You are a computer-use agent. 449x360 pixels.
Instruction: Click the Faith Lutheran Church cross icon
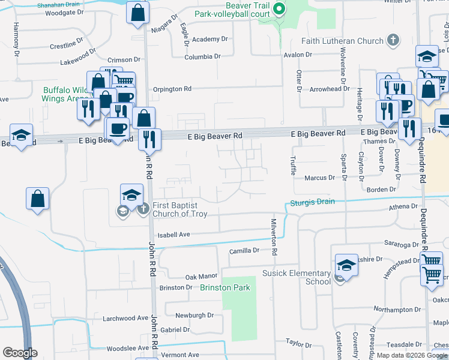(x=393, y=40)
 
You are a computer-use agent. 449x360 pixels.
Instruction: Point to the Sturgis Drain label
(x=313, y=202)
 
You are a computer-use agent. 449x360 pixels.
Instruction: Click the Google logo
(x=20, y=353)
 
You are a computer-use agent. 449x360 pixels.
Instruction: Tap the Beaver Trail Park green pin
(x=279, y=8)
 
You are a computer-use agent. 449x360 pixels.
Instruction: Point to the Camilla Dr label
(x=244, y=250)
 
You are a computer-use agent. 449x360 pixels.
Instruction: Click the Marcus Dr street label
(x=319, y=178)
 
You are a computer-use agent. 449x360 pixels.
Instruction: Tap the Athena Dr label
(x=402, y=206)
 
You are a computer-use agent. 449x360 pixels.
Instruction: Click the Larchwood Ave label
(x=125, y=318)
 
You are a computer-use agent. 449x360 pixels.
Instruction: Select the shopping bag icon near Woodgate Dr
(x=137, y=11)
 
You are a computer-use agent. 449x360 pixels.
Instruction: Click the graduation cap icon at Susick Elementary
(x=346, y=264)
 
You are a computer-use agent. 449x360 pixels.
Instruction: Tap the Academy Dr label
(x=211, y=39)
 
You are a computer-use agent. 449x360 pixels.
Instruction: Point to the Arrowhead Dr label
(x=329, y=89)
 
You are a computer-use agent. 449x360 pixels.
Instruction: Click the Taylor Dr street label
(x=298, y=343)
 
